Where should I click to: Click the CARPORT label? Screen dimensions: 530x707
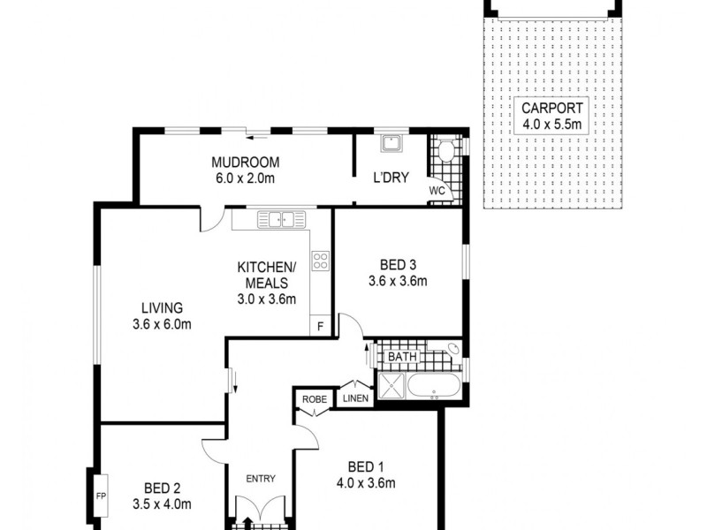pyautogui.click(x=552, y=108)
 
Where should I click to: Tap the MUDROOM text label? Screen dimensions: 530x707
pyautogui.click(x=245, y=163)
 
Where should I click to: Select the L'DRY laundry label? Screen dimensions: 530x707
pyautogui.click(x=390, y=178)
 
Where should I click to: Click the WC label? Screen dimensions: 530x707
pyautogui.click(x=437, y=190)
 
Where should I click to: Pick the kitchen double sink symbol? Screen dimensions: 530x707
pyautogui.click(x=281, y=218)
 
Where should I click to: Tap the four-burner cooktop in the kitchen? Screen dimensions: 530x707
pyautogui.click(x=320, y=260)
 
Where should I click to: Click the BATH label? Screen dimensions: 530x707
pyautogui.click(x=402, y=357)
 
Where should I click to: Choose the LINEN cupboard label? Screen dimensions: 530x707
pyautogui.click(x=356, y=398)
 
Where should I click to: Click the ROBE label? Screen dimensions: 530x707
pyautogui.click(x=314, y=399)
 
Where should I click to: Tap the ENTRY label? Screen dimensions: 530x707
pyautogui.click(x=261, y=480)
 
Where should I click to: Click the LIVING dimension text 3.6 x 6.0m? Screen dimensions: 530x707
pyautogui.click(x=167, y=324)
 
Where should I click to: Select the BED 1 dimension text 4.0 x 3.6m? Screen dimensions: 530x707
pyautogui.click(x=365, y=483)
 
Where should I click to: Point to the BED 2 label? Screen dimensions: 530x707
pyautogui.click(x=163, y=488)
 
